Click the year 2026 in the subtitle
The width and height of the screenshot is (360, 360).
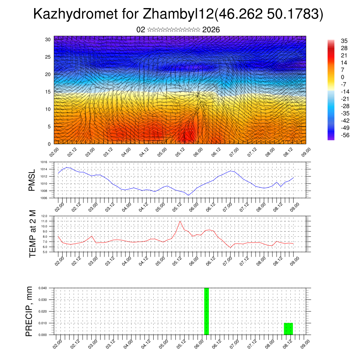(211, 30)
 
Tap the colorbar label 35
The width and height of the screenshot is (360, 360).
(344, 41)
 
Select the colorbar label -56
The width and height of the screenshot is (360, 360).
(344, 135)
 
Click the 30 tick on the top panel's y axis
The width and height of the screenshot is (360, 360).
(48, 39)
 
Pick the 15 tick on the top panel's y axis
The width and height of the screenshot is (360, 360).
(48, 92)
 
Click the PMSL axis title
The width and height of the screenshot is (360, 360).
(32, 180)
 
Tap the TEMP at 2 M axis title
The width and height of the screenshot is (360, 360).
(33, 233)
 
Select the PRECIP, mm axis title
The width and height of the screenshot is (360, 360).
(30, 311)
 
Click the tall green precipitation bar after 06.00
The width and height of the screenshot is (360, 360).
(206, 311)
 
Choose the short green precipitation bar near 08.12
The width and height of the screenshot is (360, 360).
(288, 329)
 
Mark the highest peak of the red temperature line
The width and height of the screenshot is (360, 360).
(180, 221)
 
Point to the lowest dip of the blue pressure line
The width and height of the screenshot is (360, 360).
(188, 195)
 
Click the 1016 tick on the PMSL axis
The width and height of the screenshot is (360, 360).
(44, 162)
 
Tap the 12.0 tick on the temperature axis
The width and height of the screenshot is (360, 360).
(44, 216)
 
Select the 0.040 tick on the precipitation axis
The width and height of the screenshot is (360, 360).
(43, 288)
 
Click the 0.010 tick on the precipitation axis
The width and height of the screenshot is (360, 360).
(43, 323)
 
